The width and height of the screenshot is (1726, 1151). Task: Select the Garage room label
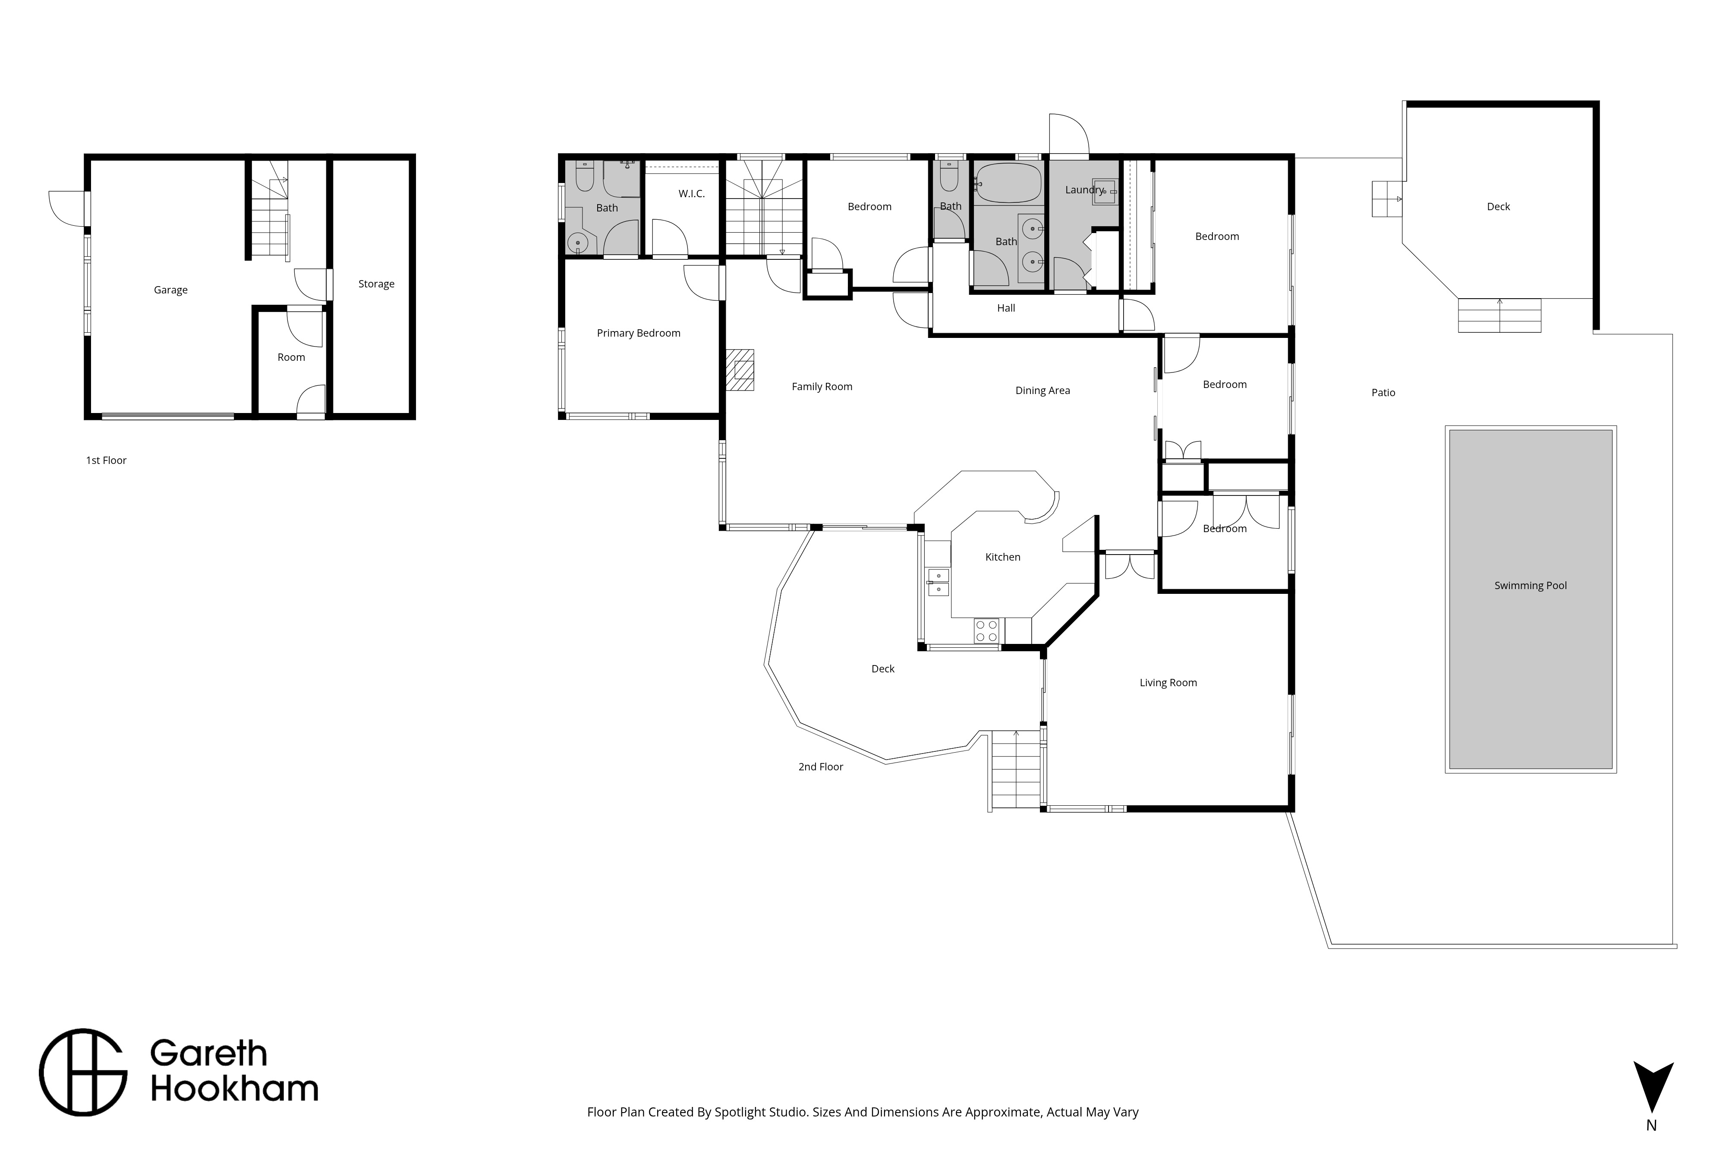click(x=170, y=290)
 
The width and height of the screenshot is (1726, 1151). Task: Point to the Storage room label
click(x=376, y=284)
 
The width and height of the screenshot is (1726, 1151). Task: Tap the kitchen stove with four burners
click(x=986, y=631)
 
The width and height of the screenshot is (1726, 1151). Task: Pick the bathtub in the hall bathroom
click(x=1008, y=183)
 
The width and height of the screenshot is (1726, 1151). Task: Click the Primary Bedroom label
click(x=639, y=333)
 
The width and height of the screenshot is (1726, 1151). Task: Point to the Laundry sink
click(x=1105, y=191)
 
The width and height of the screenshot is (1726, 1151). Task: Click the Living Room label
click(x=1168, y=683)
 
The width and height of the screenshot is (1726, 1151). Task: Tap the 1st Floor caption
click(x=107, y=460)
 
